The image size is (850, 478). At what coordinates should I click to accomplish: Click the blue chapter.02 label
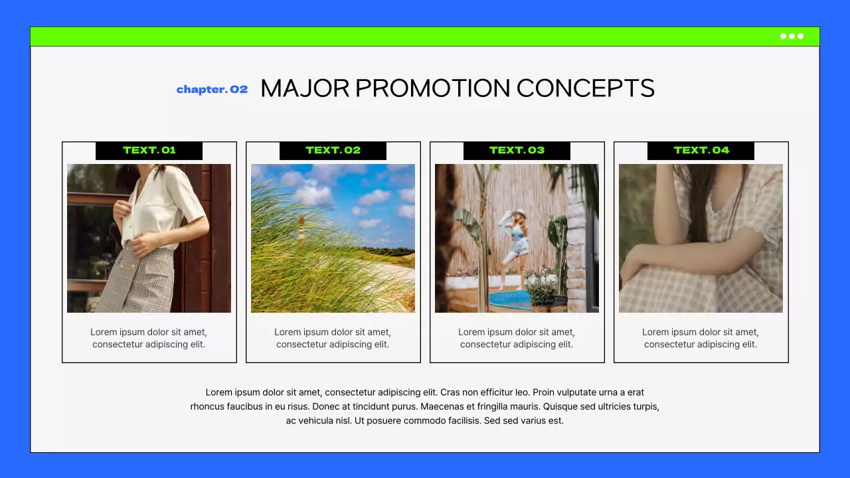[x=212, y=90]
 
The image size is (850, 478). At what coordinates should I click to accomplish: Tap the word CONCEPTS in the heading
[x=585, y=88]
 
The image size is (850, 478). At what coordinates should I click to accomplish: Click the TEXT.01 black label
[x=149, y=151]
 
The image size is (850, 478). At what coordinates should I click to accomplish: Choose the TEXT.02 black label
[x=333, y=151]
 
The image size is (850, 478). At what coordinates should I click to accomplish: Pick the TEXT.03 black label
[x=517, y=151]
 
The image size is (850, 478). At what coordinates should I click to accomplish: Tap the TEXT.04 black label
[x=701, y=151]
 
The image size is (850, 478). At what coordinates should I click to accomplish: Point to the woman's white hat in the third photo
[x=519, y=214]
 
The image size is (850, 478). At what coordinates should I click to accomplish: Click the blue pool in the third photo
[x=509, y=299]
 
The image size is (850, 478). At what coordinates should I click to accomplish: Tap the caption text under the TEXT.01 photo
[x=149, y=338]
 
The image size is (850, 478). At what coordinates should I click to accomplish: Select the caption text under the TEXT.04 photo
[x=701, y=338]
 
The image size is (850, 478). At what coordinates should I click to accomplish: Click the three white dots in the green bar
[x=792, y=37]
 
